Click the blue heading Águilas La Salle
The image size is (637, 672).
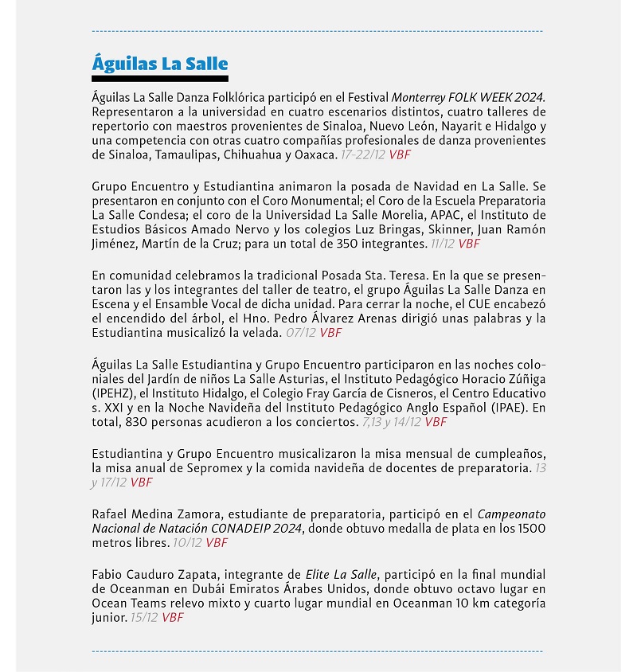point(160,64)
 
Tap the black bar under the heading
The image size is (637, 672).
point(160,79)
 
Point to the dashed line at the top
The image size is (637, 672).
point(318,31)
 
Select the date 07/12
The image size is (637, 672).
point(301,333)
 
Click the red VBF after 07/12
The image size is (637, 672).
point(331,333)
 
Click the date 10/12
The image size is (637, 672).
point(188,543)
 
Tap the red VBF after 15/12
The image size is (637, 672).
point(173,618)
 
